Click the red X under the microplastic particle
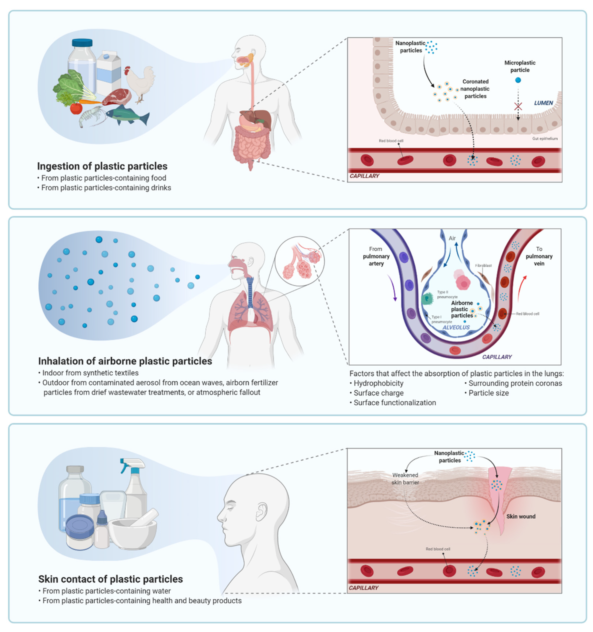[518, 106]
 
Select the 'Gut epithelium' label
[545, 139]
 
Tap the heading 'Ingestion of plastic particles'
[102, 166]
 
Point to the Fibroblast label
[483, 265]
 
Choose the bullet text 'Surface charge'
[378, 393]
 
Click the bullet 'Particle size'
[488, 393]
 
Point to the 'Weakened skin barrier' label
[405, 479]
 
